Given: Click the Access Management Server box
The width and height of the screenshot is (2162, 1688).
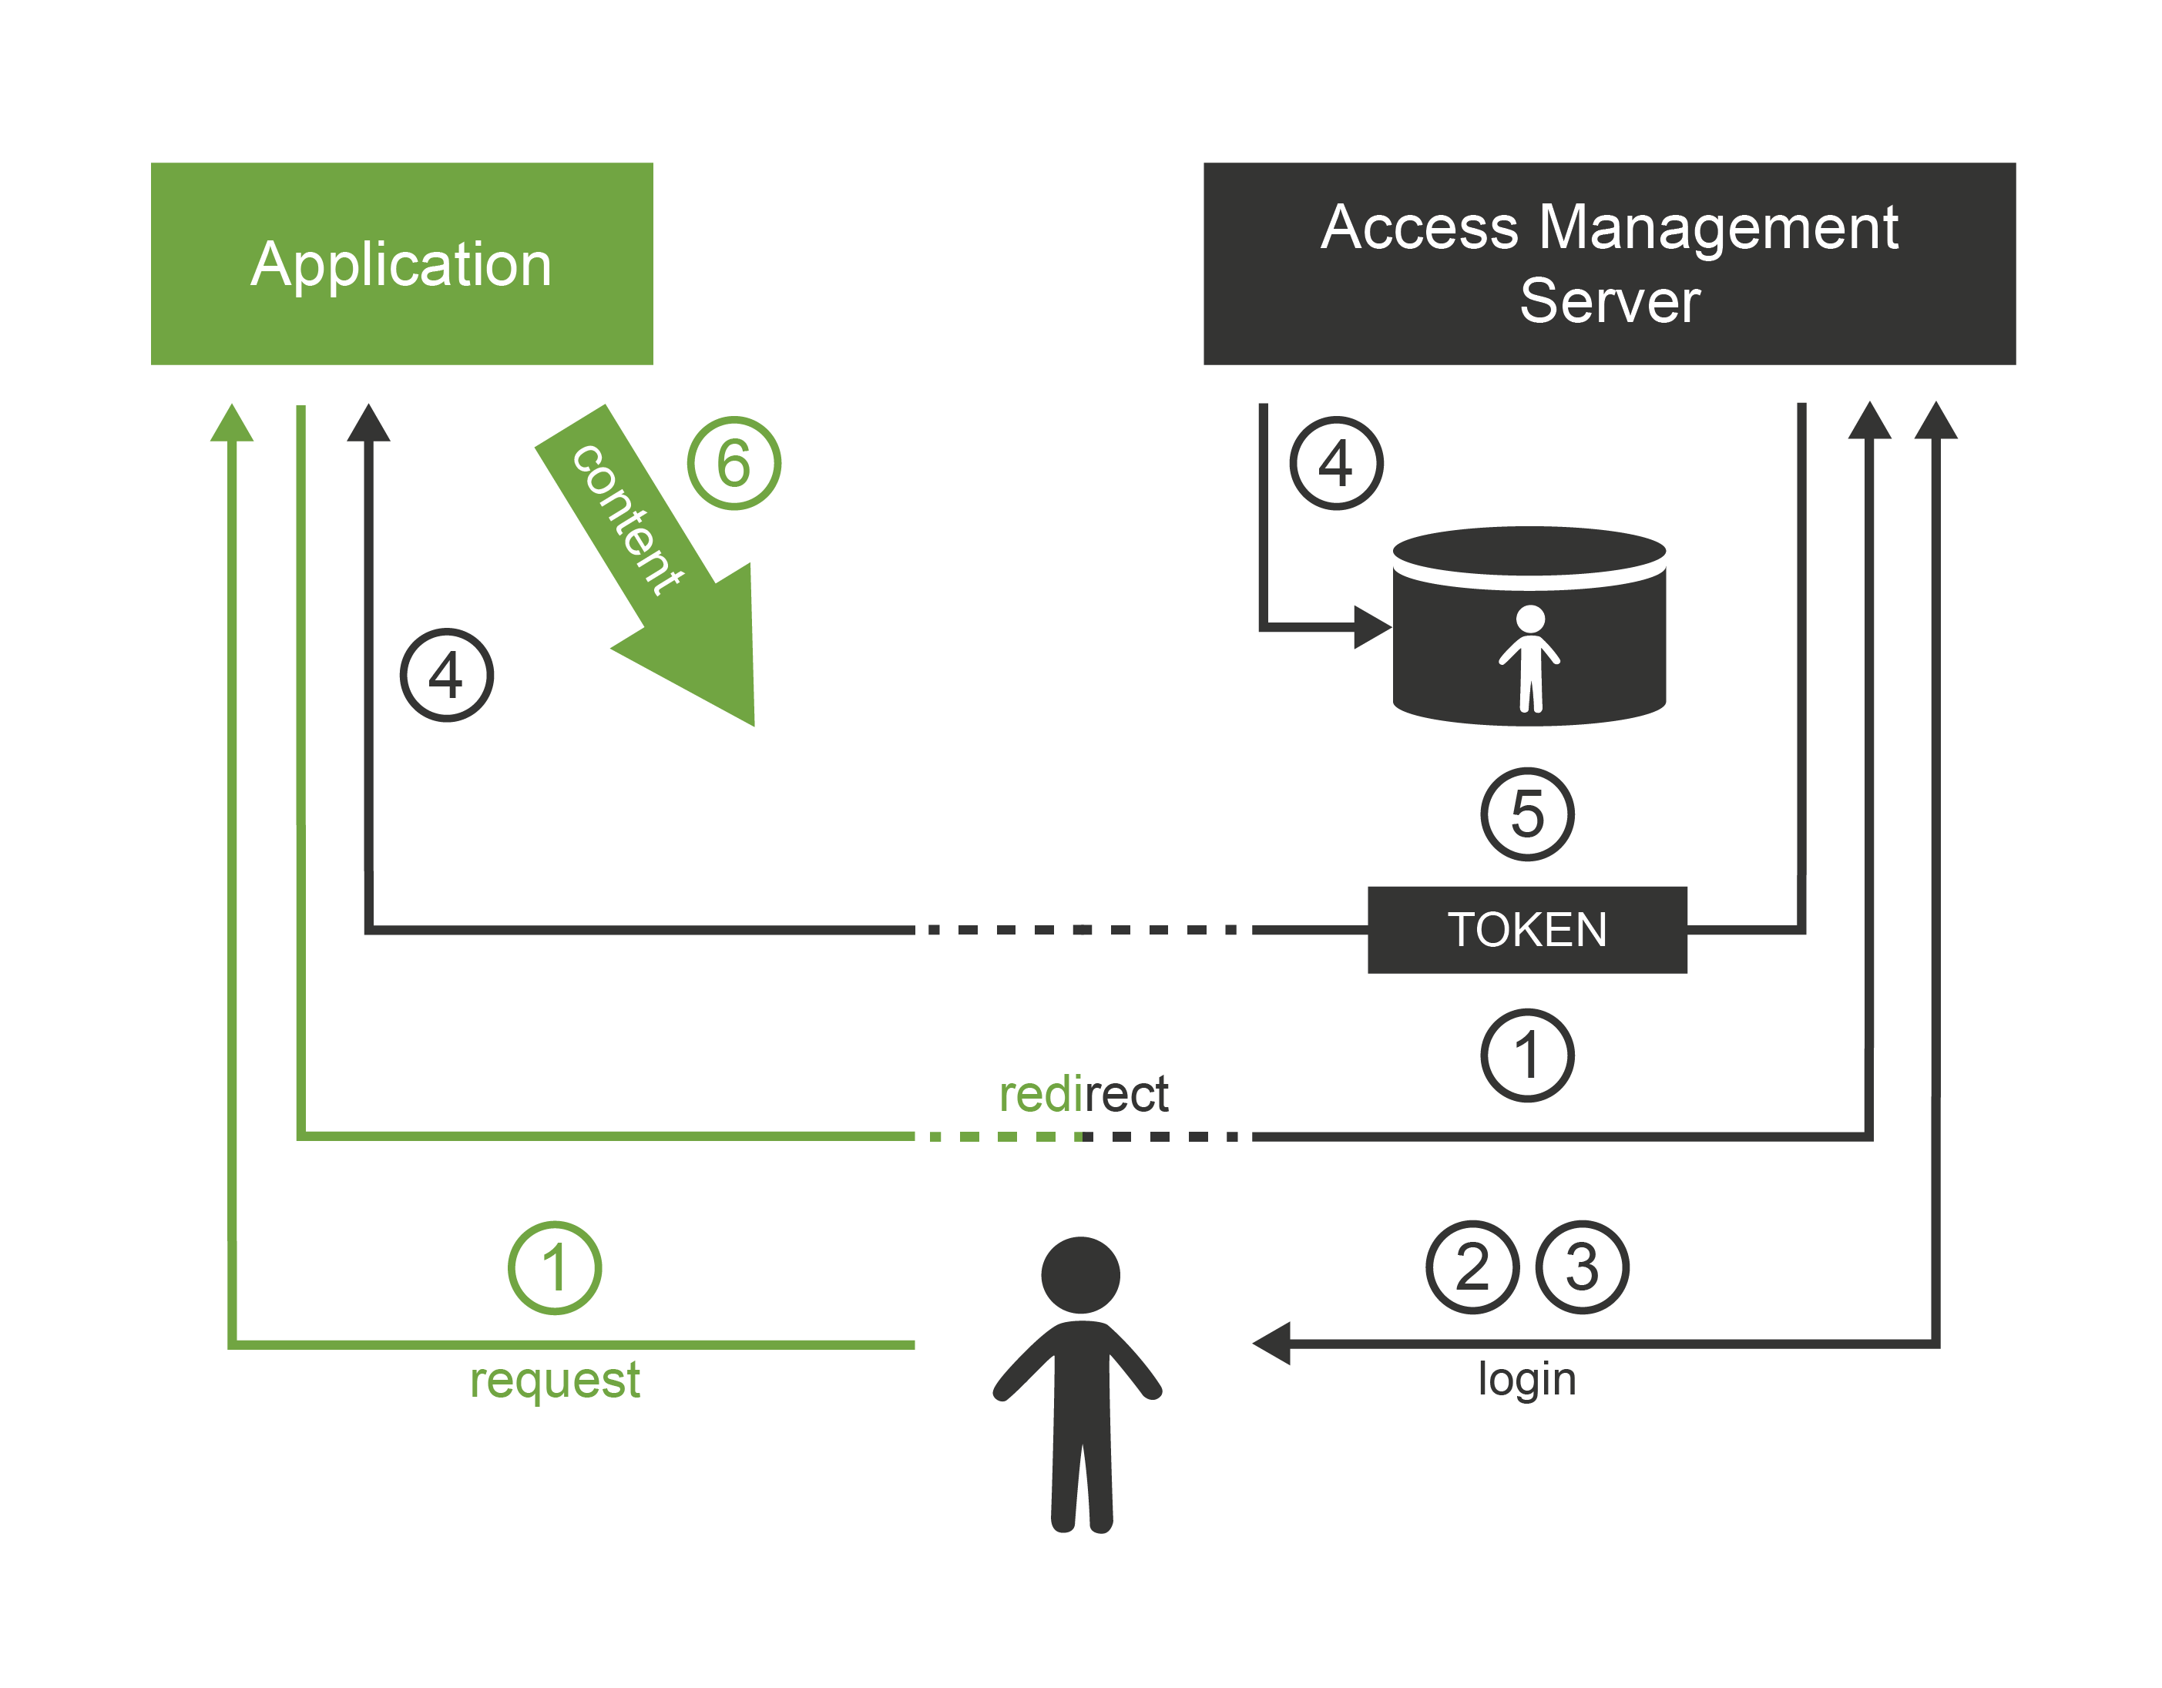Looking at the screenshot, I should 1609,263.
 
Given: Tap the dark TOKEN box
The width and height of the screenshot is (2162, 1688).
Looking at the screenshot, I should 1526,930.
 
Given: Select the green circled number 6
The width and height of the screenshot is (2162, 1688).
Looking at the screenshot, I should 734,462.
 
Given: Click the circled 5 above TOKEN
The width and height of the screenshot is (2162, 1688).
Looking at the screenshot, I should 1526,814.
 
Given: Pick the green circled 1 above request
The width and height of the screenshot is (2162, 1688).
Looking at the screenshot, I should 554,1267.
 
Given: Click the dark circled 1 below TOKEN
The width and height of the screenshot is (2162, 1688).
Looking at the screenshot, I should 1526,1055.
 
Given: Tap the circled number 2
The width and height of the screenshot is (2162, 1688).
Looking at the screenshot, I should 1472,1267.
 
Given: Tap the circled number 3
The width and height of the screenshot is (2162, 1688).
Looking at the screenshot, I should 1581,1267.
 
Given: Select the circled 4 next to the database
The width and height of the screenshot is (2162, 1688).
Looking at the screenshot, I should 1335,462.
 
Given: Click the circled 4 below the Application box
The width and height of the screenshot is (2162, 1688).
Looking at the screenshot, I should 446,675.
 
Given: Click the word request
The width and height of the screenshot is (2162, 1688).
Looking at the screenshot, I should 554,1379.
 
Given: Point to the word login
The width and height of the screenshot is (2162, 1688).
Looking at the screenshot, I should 1526,1379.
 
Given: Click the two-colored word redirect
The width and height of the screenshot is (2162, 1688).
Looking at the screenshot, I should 1083,1094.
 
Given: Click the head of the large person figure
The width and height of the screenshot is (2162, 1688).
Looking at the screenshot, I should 1080,1275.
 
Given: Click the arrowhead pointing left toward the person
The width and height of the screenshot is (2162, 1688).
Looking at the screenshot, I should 1272,1344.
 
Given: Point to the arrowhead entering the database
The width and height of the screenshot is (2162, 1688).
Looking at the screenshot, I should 1372,626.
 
